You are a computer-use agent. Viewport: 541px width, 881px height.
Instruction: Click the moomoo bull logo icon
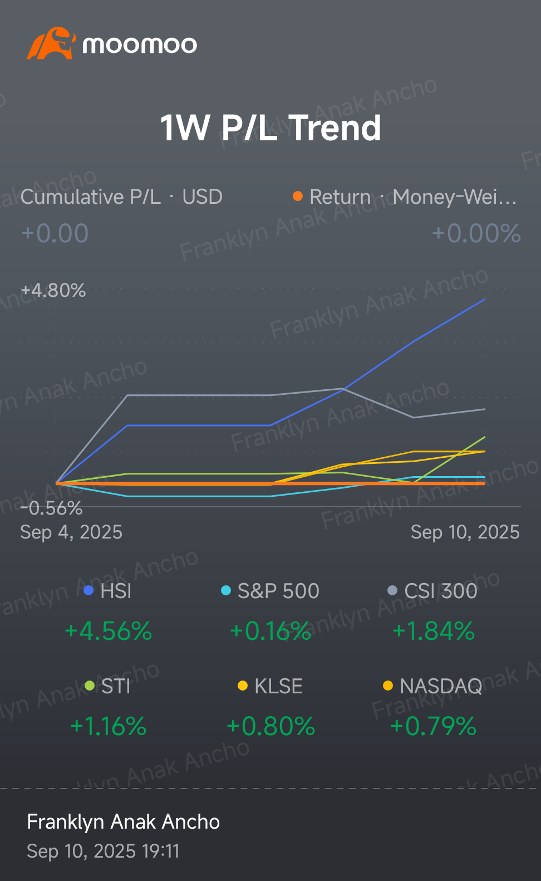pos(50,43)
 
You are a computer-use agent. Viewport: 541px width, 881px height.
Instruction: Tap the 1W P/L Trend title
pos(270,128)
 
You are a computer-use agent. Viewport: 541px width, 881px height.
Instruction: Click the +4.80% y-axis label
pos(53,291)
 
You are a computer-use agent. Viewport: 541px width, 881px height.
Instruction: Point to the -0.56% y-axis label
pos(51,508)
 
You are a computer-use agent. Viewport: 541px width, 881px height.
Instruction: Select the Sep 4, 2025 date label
pos(71,532)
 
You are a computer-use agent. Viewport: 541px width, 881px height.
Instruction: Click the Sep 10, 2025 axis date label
pos(465,532)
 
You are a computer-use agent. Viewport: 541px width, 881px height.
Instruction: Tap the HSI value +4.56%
pos(108,632)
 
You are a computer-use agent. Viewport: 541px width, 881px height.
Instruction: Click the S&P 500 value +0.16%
pos(270,632)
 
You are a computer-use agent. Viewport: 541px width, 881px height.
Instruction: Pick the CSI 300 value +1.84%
pos(433,632)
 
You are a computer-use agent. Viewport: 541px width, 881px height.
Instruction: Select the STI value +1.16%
pos(108,727)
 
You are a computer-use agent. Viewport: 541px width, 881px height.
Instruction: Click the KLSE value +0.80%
pos(270,727)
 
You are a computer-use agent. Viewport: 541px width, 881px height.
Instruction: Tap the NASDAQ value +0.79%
pos(433,727)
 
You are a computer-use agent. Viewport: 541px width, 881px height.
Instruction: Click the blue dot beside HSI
pos(88,590)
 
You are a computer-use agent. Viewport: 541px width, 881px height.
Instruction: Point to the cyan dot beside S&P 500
pos(226,590)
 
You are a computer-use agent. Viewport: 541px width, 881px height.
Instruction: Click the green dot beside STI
pos(90,686)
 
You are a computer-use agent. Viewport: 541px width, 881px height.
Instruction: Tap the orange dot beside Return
pos(298,196)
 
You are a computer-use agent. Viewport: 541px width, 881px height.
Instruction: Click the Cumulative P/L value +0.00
pos(55,233)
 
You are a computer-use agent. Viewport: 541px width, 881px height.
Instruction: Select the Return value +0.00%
pos(476,233)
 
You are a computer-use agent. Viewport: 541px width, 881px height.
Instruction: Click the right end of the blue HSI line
pos(484,300)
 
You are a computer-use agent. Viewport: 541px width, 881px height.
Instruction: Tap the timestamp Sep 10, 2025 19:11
pos(103,851)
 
